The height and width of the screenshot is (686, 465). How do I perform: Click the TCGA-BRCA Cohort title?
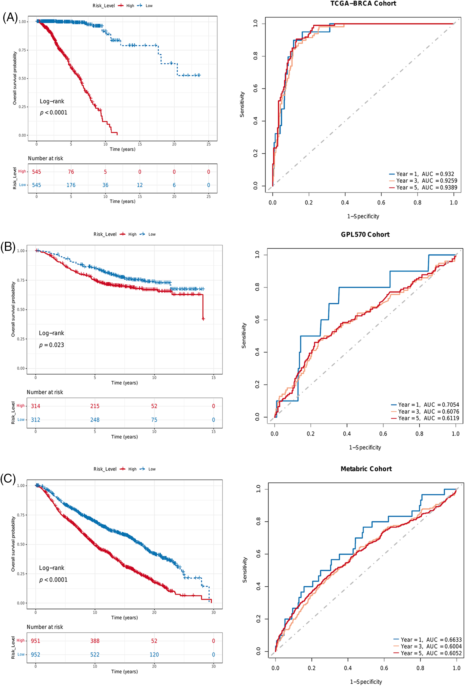pos(363,3)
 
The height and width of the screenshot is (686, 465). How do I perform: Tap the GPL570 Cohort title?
pos(365,234)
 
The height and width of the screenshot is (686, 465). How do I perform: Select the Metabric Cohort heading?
pos(366,469)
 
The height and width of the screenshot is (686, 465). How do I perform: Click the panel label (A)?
pos(10,17)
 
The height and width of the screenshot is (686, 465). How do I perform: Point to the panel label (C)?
pos(8,479)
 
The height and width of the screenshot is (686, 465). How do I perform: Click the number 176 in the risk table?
pos(71,185)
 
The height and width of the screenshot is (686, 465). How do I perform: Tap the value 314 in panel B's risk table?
pos(36,406)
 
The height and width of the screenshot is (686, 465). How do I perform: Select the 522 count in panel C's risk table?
pos(95,655)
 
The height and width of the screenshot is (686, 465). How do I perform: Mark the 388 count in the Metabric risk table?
pos(95,641)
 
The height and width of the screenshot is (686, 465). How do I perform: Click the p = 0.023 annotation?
pos(52,345)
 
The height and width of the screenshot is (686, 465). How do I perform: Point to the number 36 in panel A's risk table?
pos(105,185)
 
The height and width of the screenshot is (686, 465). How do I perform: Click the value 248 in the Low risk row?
pos(95,420)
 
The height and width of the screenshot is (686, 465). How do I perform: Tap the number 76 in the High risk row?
pos(71,172)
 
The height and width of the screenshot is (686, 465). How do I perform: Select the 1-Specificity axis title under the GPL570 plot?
pos(365,447)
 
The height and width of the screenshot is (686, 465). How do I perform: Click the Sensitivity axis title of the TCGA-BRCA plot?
pos(242,105)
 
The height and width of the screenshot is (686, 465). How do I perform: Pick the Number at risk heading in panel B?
pos(45,392)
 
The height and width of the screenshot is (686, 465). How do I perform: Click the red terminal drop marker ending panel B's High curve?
pos(203,319)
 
